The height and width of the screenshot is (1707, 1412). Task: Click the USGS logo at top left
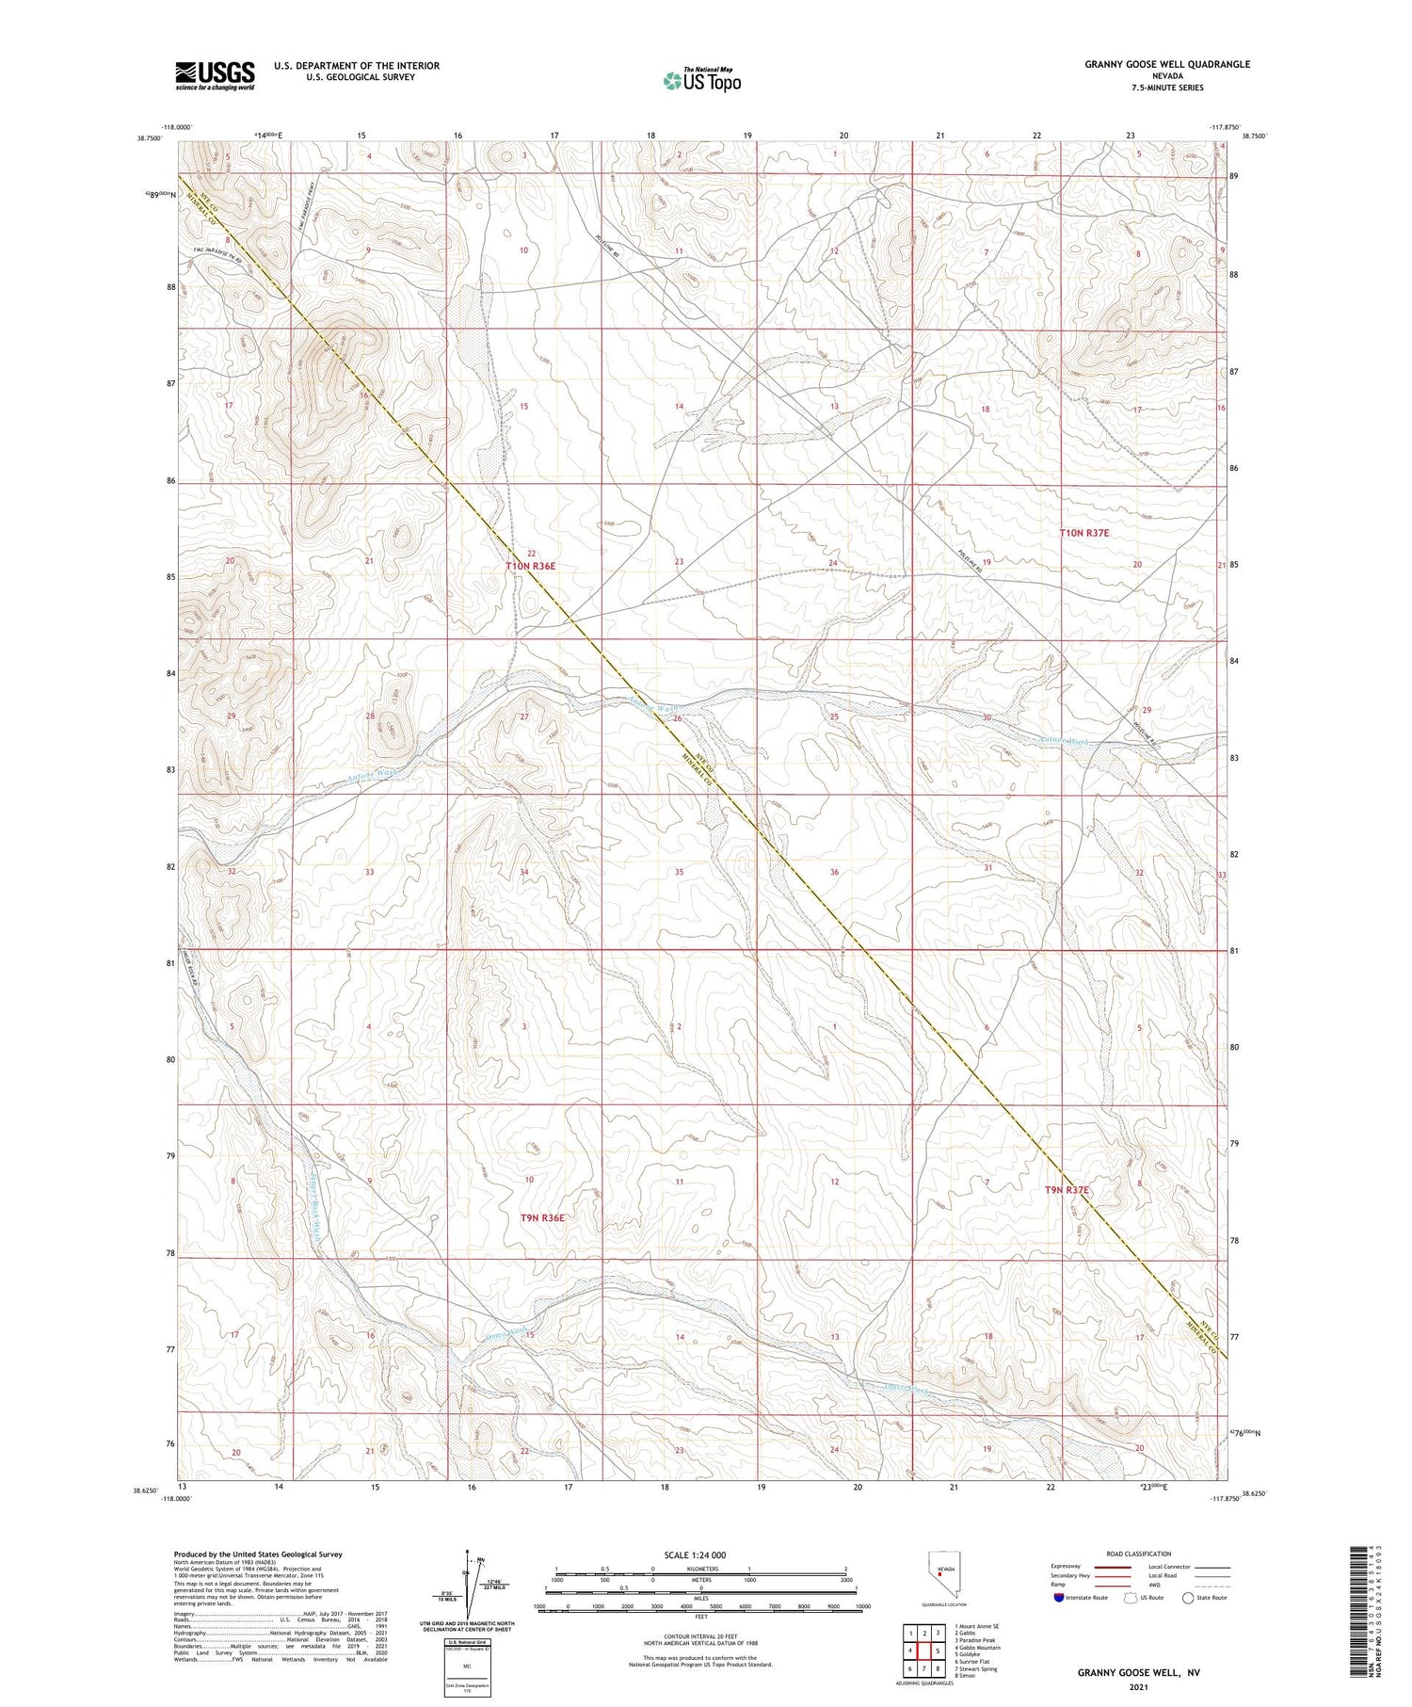(215, 75)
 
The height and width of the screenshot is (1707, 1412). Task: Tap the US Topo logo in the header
(701, 80)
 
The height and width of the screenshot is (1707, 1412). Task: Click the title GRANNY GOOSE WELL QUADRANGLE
(1166, 64)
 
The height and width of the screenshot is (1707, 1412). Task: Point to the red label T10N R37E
(1084, 533)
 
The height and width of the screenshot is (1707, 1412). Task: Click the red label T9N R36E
(543, 1217)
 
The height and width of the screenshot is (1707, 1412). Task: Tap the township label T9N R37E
(1067, 1190)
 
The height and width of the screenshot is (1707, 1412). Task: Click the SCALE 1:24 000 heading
(700, 1554)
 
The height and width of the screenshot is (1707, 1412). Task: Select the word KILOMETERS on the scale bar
(700, 1569)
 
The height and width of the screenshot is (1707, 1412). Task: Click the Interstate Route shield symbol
(1059, 1598)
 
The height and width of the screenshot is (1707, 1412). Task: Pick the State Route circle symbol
(1188, 1598)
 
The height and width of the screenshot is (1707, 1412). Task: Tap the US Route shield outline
(1131, 1598)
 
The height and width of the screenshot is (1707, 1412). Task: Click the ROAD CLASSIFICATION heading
(1138, 1554)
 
